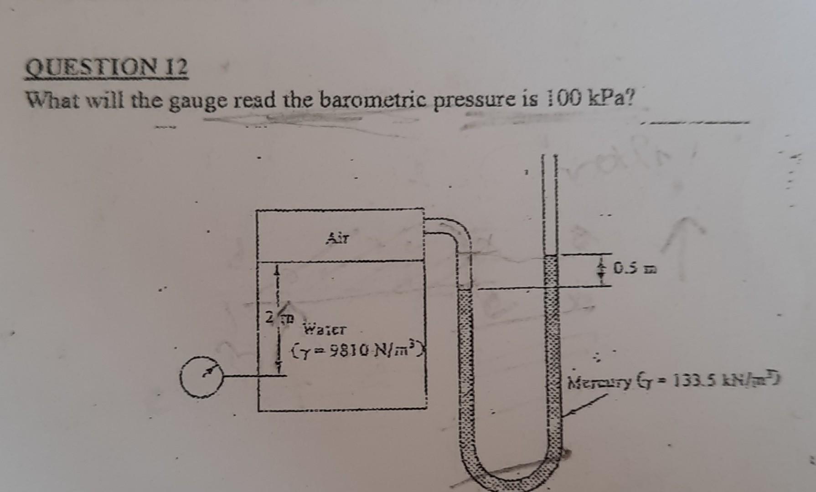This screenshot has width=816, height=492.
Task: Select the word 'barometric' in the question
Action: click(373, 99)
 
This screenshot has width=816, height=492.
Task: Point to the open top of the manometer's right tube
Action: click(549, 159)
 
